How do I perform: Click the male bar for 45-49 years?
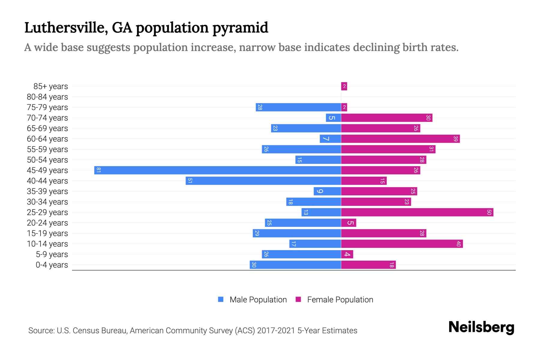click(217, 170)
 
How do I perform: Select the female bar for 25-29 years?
click(417, 212)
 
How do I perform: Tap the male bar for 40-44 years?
click(263, 181)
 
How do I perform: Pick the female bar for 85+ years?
click(344, 86)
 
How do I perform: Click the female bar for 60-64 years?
click(400, 139)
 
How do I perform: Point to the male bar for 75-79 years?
click(298, 107)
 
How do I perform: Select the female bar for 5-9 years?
click(347, 254)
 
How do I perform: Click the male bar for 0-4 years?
click(295, 265)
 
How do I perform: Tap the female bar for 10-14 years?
click(402, 244)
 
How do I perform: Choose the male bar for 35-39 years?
click(327, 191)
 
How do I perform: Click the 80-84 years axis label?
click(47, 97)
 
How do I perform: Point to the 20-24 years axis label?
click(47, 223)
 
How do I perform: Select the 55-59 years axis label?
click(47, 149)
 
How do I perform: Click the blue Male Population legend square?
click(221, 299)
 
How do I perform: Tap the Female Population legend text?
click(340, 300)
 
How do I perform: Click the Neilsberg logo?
click(481, 327)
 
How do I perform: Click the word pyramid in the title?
click(240, 28)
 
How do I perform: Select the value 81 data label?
click(98, 170)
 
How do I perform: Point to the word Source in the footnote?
click(41, 331)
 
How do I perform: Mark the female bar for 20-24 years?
click(349, 223)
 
